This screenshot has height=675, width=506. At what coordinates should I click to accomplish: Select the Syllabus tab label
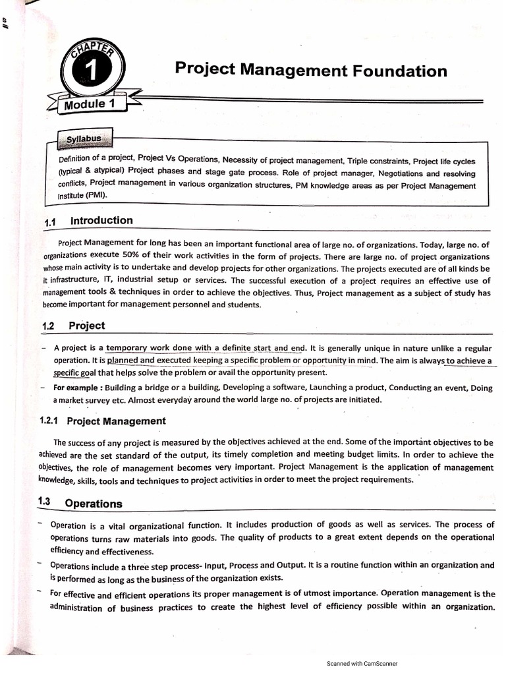click(84, 139)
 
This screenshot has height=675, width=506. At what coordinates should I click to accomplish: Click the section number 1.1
click(52, 222)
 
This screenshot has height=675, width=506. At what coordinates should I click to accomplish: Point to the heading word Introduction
click(101, 221)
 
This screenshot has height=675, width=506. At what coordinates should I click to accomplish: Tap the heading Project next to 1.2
click(86, 326)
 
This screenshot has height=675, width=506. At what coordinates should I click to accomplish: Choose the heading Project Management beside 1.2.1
click(117, 421)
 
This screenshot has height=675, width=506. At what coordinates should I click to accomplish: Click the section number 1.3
click(44, 502)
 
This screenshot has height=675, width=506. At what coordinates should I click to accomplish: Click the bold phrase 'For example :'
click(78, 388)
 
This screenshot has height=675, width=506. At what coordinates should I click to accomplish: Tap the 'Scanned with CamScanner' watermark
click(362, 664)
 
